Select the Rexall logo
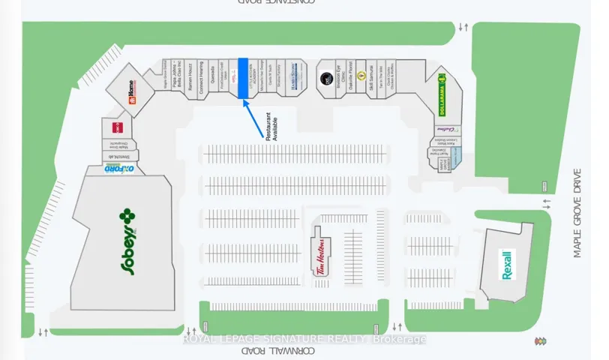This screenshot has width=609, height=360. point(507,265)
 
